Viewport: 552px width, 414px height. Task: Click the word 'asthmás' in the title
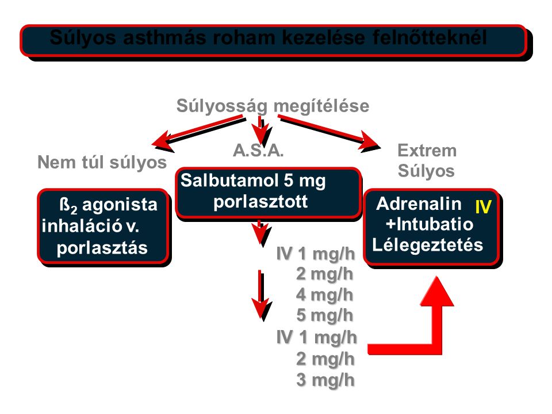tap(164, 38)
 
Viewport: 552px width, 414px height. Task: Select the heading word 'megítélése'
tap(321, 106)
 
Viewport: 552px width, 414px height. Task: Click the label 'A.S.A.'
tap(258, 151)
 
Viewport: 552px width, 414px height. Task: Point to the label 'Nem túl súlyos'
tap(102, 163)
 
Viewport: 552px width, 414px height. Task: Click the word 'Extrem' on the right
tap(427, 151)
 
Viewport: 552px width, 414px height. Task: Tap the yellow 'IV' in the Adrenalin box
tap(483, 207)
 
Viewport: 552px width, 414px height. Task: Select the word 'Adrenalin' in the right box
tap(419, 204)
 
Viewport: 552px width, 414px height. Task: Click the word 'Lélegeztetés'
tap(427, 245)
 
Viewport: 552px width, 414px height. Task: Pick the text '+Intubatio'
tap(430, 224)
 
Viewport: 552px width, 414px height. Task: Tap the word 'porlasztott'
tap(260, 202)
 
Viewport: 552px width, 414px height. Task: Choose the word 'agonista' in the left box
tap(120, 205)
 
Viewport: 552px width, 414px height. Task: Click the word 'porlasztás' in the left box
tap(102, 248)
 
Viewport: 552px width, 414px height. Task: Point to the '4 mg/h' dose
tap(324, 294)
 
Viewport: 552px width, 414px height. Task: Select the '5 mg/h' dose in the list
tap(324, 315)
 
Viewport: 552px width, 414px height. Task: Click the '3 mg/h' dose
tap(325, 380)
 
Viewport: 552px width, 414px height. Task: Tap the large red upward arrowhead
tap(437, 291)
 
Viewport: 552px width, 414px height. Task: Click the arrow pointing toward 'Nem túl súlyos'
tap(198, 131)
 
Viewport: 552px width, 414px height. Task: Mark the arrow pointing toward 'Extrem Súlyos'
tap(329, 131)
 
